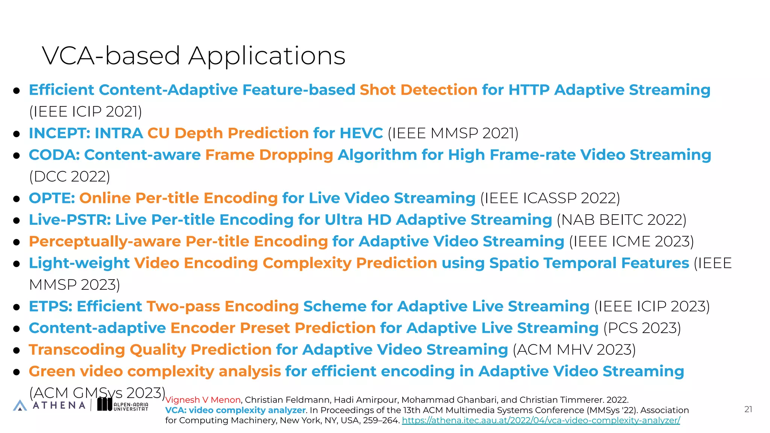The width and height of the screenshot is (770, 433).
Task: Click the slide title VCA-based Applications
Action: click(x=193, y=56)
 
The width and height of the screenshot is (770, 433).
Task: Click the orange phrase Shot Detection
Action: click(x=418, y=90)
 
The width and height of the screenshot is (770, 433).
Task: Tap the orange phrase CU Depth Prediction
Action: click(x=228, y=133)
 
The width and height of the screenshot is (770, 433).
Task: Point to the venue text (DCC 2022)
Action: click(x=70, y=176)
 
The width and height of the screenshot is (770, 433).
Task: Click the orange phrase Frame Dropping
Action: click(x=269, y=155)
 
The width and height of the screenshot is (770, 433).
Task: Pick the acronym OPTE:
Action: click(x=52, y=198)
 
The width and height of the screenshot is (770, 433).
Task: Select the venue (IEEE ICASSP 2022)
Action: click(x=550, y=198)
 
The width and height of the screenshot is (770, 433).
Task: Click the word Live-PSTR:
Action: click(x=70, y=220)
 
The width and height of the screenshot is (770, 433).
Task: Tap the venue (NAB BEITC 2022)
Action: click(x=621, y=220)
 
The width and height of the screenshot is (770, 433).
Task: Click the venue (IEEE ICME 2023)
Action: click(x=631, y=241)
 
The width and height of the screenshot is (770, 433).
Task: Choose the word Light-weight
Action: click(x=79, y=263)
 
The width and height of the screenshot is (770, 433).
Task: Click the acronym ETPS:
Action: click(x=51, y=306)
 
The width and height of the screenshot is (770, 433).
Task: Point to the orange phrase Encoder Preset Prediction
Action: click(x=273, y=328)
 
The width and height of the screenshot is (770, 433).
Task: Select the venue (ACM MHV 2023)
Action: click(x=574, y=350)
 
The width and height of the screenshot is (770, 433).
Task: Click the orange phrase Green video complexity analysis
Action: click(x=155, y=371)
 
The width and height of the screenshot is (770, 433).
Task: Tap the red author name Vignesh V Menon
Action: click(x=203, y=400)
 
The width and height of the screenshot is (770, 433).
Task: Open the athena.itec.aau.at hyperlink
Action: click(x=541, y=421)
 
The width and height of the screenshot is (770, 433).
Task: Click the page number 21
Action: click(x=748, y=409)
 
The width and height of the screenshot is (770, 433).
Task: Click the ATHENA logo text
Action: click(x=59, y=405)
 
